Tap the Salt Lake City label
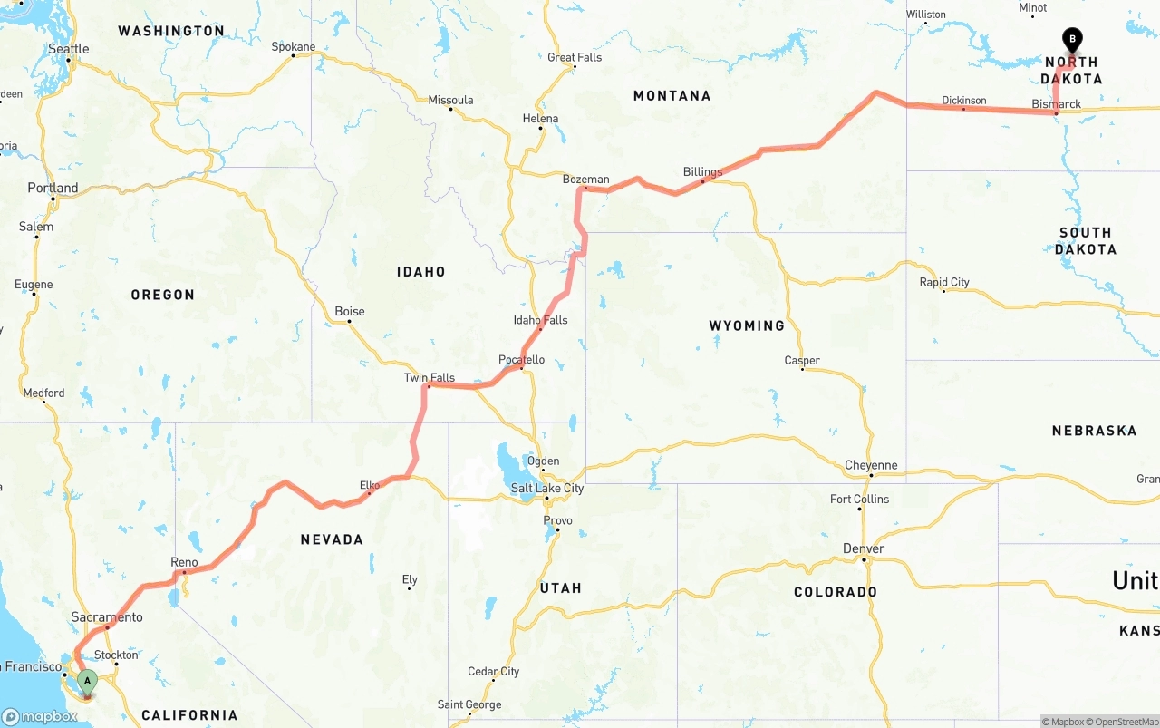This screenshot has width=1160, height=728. click(x=546, y=489)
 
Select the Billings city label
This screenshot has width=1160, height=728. click(x=702, y=172)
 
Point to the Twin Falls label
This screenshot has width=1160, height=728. click(x=429, y=378)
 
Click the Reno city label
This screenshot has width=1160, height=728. click(x=184, y=563)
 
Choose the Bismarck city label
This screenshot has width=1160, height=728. click(x=1056, y=104)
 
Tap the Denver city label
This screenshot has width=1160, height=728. click(x=863, y=549)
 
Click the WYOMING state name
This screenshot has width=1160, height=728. click(x=747, y=325)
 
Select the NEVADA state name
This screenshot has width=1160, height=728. click(x=332, y=539)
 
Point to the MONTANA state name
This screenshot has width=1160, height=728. click(x=672, y=96)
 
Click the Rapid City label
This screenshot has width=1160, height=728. click(x=944, y=282)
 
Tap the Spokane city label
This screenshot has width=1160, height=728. click(x=294, y=47)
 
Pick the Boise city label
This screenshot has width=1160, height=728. click(x=350, y=311)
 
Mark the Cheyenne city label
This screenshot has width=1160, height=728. click(x=870, y=466)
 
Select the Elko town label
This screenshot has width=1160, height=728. click(x=370, y=485)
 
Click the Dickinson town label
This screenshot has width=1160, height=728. click(x=963, y=101)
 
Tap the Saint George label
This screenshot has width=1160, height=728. click(x=469, y=704)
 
